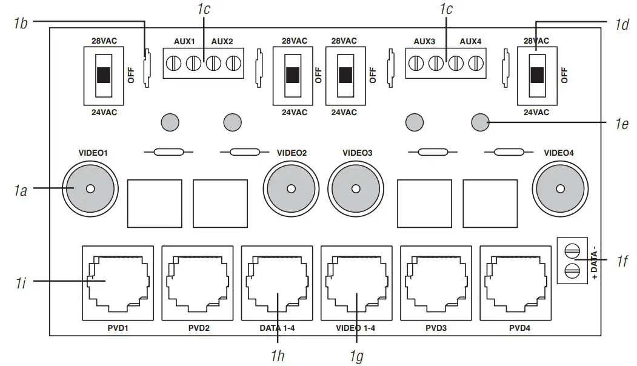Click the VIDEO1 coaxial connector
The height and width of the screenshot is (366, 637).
[x=90, y=188]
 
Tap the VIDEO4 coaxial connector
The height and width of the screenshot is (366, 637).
[x=559, y=188]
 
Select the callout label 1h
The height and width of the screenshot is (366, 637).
[x=277, y=356]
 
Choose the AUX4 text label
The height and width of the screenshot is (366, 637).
[x=470, y=41]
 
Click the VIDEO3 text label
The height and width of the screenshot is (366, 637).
[x=358, y=153]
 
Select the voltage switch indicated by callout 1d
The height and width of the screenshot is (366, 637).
[x=537, y=75]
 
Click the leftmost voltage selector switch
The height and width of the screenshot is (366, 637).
[x=104, y=75]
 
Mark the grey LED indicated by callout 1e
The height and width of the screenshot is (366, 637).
[x=480, y=122]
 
